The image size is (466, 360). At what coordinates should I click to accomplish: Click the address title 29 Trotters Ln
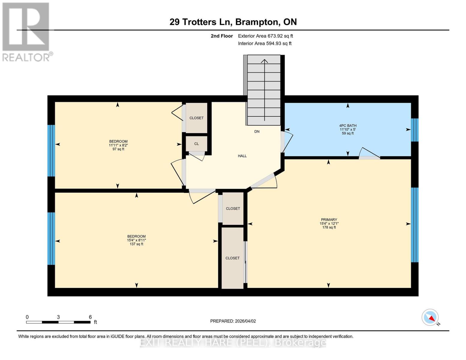[x=233, y=22]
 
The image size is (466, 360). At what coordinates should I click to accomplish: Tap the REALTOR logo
[x=26, y=32]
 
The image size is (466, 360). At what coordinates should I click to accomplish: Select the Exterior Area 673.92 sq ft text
[x=265, y=36]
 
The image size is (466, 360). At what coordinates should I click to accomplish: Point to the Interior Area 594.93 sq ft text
[x=265, y=43]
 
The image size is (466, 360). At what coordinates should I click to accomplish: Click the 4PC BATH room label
[x=347, y=126]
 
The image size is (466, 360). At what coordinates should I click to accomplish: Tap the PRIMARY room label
[x=329, y=220]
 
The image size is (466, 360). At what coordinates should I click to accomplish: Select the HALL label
[x=242, y=156]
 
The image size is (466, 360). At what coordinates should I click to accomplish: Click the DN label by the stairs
[x=257, y=131]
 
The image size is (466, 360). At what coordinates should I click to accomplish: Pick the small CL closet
[x=197, y=144]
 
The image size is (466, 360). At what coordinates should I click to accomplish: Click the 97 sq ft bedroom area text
[x=118, y=149]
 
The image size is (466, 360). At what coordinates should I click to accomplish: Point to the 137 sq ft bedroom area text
[x=136, y=244]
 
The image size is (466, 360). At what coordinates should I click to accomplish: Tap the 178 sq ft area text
[x=329, y=227]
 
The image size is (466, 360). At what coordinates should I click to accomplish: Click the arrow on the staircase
[x=264, y=90]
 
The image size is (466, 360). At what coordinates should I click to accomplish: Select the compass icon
[x=430, y=317]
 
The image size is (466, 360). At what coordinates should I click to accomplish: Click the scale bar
[x=58, y=322]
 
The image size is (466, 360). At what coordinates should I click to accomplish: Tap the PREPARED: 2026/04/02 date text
[x=233, y=321]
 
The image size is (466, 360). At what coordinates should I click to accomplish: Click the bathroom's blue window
[x=414, y=130]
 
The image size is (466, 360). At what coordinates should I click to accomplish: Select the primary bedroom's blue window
[x=414, y=225]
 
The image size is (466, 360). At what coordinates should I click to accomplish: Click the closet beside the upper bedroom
[x=197, y=118]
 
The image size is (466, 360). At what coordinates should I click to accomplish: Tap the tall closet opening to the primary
[x=233, y=258]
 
